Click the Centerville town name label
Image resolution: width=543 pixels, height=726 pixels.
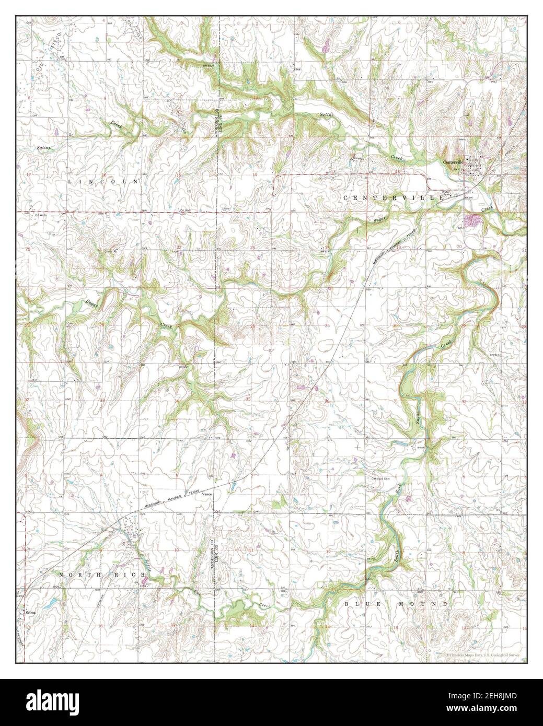pos(453,161)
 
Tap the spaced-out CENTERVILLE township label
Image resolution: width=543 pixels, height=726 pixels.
pos(386,198)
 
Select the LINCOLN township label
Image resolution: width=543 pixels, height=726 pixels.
pos(105,181)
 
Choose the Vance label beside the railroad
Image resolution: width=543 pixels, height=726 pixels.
pos(207,494)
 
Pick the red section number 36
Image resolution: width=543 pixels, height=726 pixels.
pos(327,401)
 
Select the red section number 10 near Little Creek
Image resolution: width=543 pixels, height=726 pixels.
pos(177,550)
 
